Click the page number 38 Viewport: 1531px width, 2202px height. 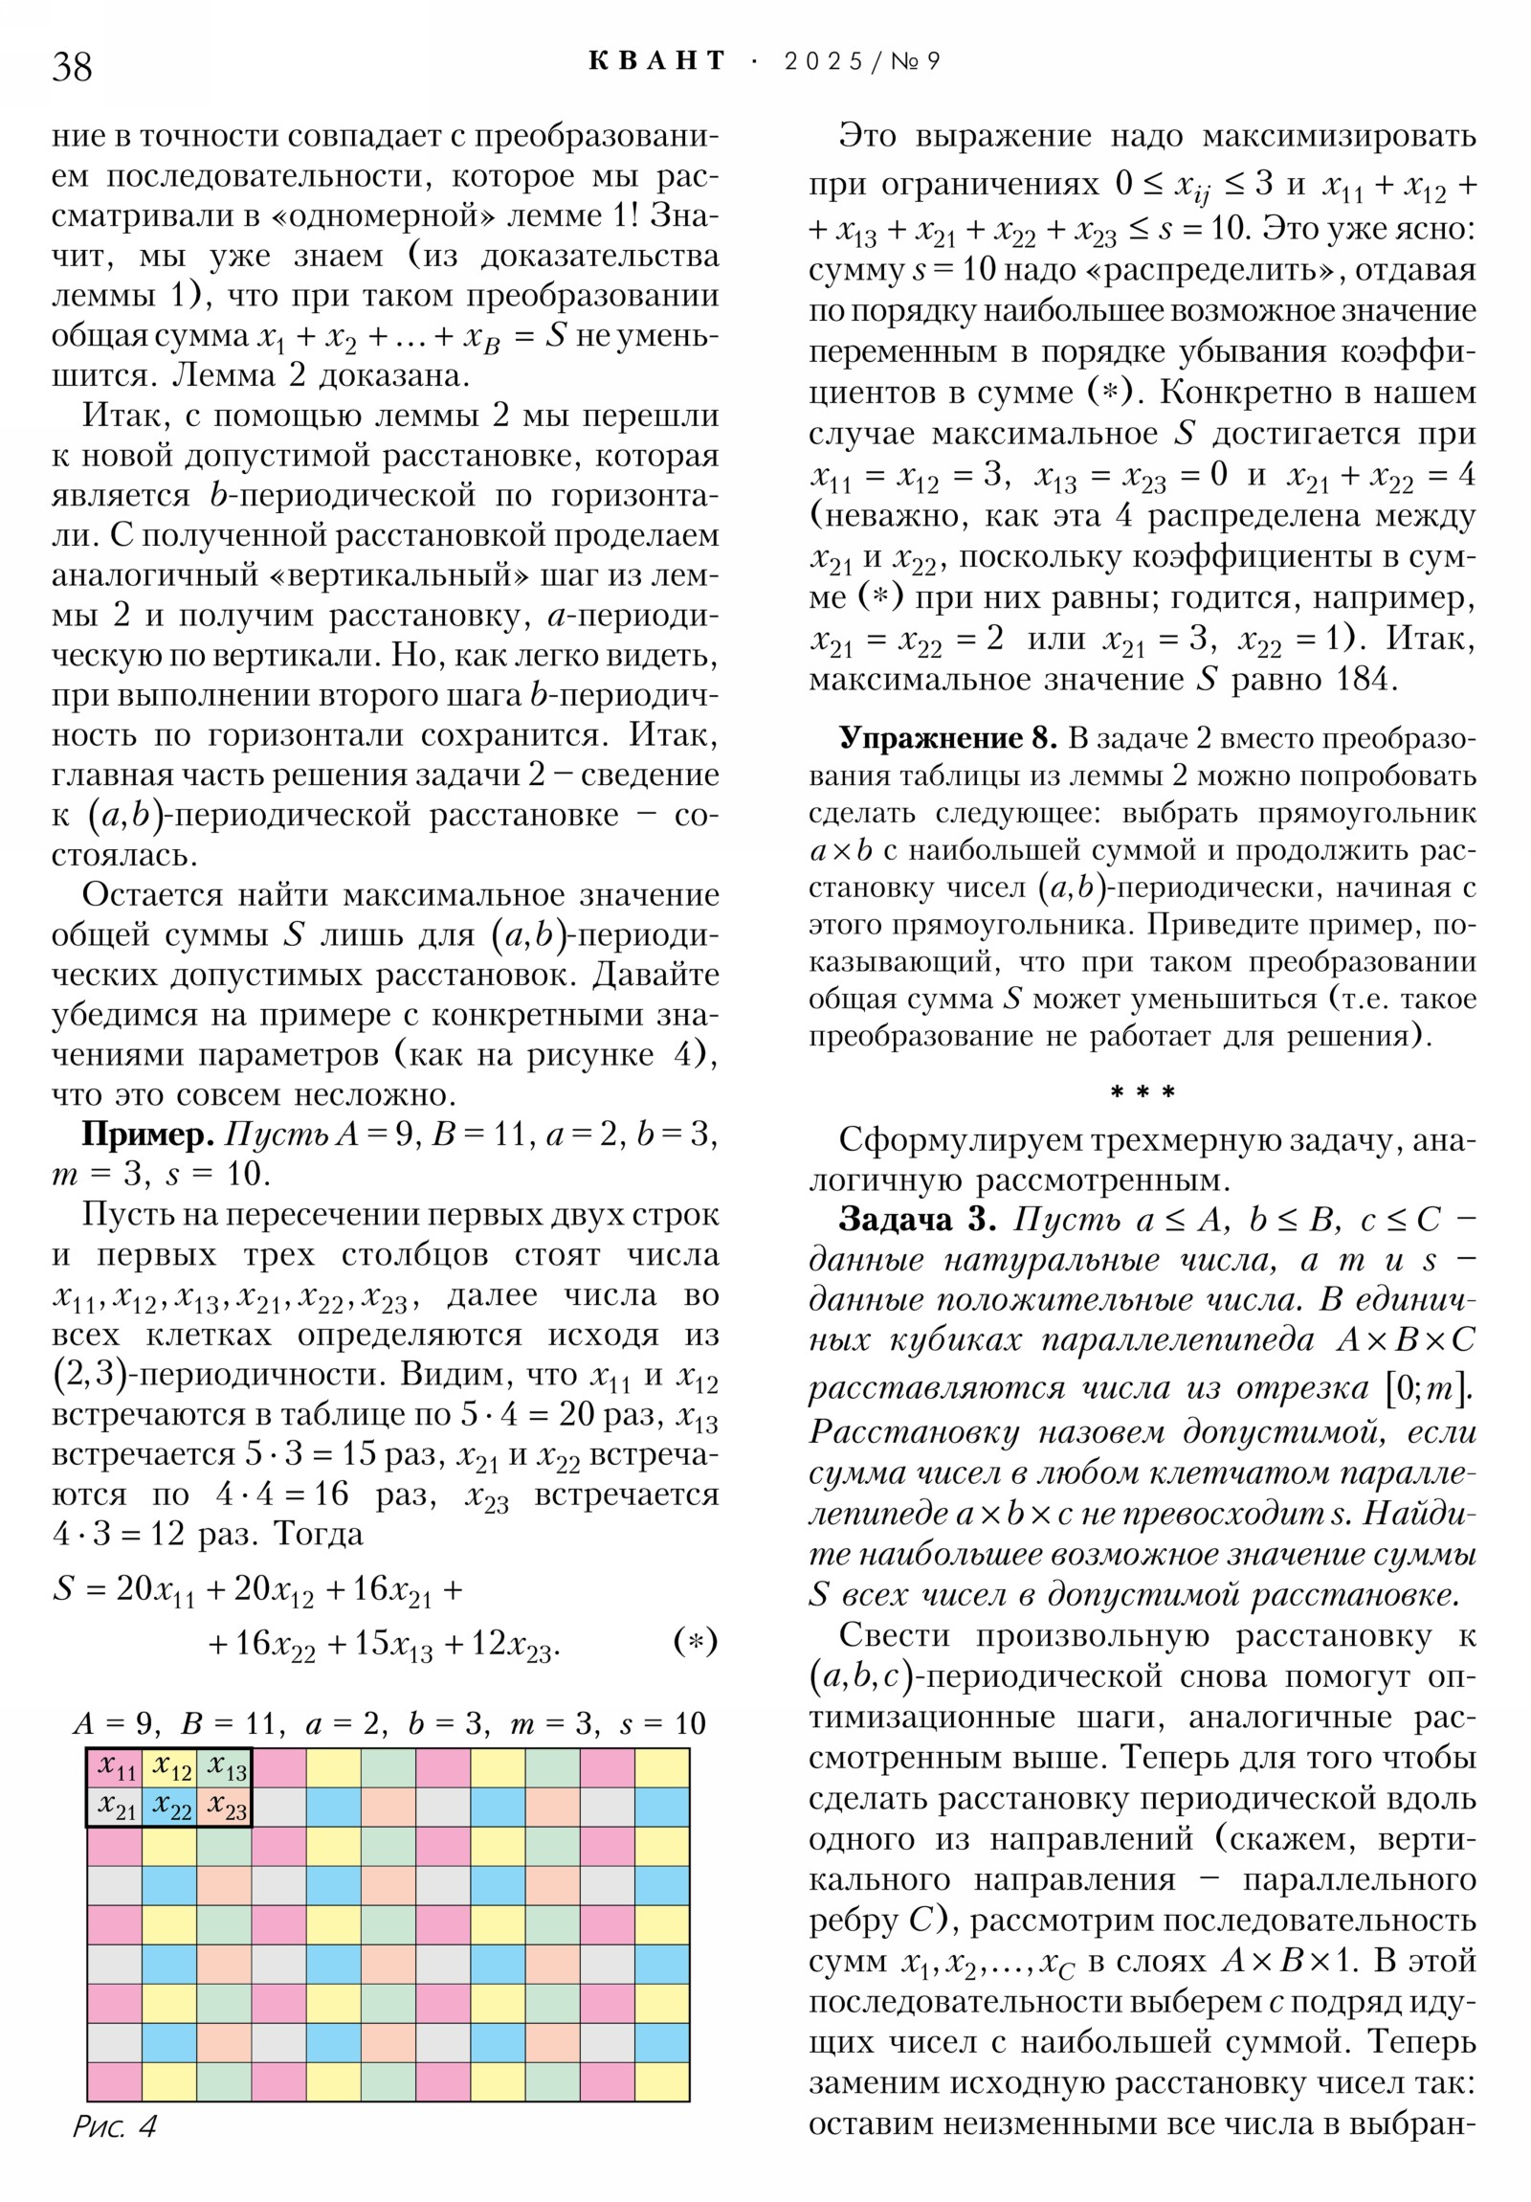point(72,66)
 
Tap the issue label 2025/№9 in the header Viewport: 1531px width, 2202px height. point(862,61)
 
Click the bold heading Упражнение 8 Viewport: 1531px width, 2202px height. point(946,737)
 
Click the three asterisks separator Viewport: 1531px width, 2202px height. point(1142,1092)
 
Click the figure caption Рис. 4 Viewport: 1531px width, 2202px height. point(114,2127)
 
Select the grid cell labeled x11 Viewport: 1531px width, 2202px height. point(115,1766)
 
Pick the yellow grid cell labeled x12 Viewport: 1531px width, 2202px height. point(169,1766)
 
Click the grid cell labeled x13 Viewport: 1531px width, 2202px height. point(224,1766)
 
